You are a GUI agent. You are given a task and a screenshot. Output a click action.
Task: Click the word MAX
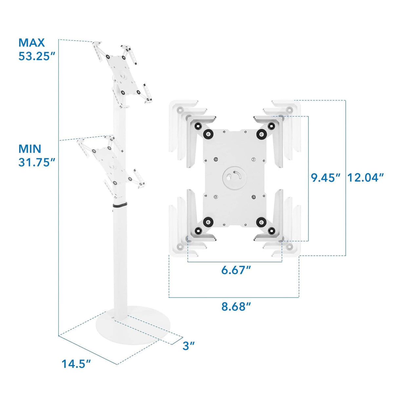31,43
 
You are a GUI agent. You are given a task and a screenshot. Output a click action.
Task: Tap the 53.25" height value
37,56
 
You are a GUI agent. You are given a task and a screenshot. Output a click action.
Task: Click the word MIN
30,149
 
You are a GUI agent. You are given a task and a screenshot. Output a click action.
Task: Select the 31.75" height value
37,162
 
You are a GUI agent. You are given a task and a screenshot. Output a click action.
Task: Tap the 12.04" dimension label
365,177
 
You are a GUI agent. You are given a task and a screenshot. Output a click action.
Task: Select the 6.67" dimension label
236,270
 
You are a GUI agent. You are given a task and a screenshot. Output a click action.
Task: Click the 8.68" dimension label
236,307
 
